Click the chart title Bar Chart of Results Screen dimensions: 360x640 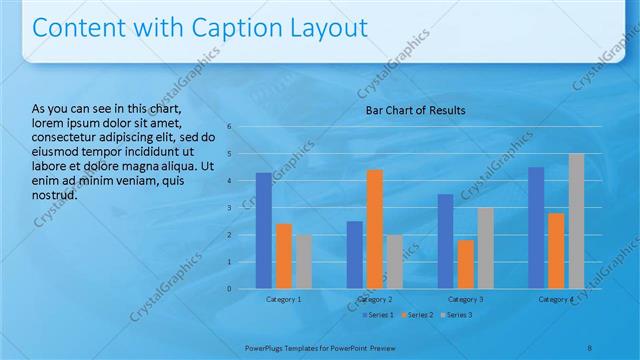tap(414, 110)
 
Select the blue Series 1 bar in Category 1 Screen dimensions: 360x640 tap(263, 231)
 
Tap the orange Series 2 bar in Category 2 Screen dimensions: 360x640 tap(375, 229)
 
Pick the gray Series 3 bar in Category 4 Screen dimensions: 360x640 tap(576, 221)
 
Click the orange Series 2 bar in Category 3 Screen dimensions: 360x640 tap(466, 264)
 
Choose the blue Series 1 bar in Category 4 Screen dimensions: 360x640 tap(536, 228)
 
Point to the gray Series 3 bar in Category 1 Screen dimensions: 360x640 tap(303, 262)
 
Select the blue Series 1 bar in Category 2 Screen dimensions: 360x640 tap(355, 255)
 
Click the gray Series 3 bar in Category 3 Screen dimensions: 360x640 tap(486, 248)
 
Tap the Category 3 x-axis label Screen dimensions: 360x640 tap(466, 299)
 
